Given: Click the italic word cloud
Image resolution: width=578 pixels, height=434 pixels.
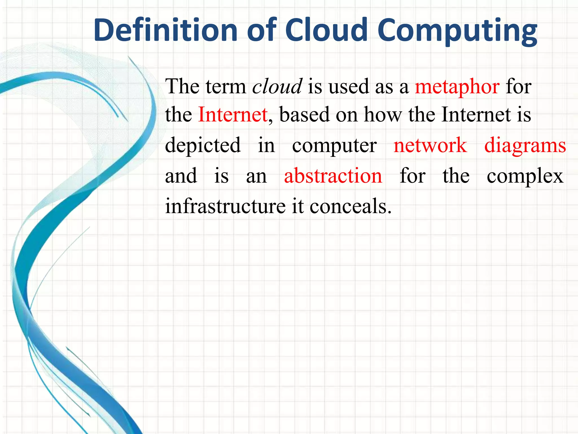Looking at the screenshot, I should pos(277,86).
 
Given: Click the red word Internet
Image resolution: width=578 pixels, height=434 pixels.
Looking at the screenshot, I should pos(233,115).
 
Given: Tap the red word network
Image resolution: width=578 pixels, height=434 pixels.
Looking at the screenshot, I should pos(430,145).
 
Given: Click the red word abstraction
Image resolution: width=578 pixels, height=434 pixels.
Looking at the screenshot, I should pos(333,176).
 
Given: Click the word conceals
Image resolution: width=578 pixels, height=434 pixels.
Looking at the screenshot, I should pos(351,206).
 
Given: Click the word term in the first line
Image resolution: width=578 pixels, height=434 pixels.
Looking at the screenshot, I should pos(226,87).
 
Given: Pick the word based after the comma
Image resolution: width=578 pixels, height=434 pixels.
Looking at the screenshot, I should pos(304,115).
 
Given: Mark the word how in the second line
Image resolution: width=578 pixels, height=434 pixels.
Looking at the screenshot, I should pos(383,115).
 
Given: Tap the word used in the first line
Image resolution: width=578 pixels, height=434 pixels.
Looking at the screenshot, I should pos(349,86).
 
